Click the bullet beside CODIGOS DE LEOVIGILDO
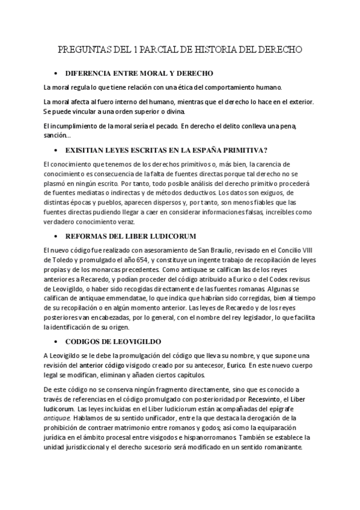55,341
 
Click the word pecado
161,125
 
